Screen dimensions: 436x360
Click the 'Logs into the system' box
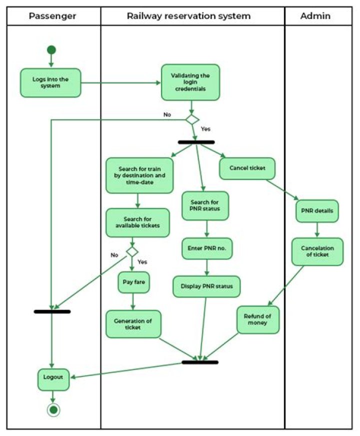[50, 82]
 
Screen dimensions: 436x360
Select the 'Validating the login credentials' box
[190, 82]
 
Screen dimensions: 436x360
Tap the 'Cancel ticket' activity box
[247, 168]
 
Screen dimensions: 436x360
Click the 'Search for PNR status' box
[205, 205]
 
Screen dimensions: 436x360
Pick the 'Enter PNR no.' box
[206, 248]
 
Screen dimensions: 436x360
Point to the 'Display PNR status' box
[206, 286]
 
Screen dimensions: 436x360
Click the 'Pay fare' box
[133, 282]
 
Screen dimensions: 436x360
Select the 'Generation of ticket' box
[133, 323]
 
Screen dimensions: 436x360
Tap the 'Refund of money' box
[258, 319]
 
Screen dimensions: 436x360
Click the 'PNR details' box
[317, 210]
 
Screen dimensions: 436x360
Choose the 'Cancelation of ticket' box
[317, 251]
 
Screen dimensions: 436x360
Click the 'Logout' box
[53, 379]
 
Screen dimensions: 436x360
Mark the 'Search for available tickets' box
[137, 222]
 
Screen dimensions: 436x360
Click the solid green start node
[51, 50]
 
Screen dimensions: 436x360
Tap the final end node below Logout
[53, 410]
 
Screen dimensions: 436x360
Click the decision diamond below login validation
[192, 120]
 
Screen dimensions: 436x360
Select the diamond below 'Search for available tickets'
[132, 251]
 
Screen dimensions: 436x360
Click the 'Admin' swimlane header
[315, 16]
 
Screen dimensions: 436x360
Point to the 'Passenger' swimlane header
[52, 16]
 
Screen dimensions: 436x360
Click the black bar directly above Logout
[52, 311]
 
